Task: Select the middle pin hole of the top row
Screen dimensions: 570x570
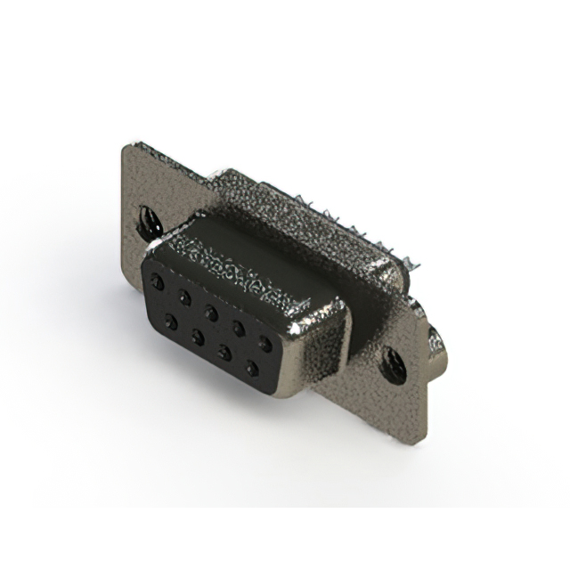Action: point(211,311)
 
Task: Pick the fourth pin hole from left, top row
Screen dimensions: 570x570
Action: point(238,326)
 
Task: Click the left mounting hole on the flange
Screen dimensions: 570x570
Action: point(144,218)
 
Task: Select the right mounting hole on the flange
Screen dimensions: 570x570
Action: point(395,361)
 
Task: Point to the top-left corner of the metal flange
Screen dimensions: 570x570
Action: point(125,145)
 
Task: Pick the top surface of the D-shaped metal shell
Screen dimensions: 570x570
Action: point(258,258)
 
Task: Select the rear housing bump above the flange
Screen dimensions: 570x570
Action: point(267,191)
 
